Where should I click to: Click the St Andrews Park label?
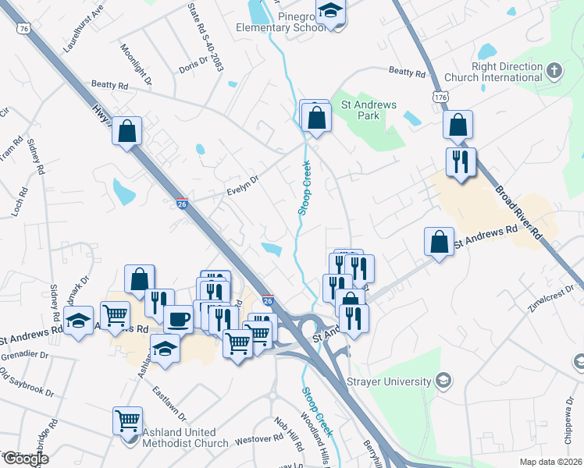coord(369,110)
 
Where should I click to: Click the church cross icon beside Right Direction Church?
coord(554,72)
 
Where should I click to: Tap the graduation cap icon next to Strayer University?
coord(443,381)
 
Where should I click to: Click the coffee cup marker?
coord(178,319)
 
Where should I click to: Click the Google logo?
coord(25,459)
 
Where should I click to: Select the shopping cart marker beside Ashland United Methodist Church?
coord(127,421)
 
